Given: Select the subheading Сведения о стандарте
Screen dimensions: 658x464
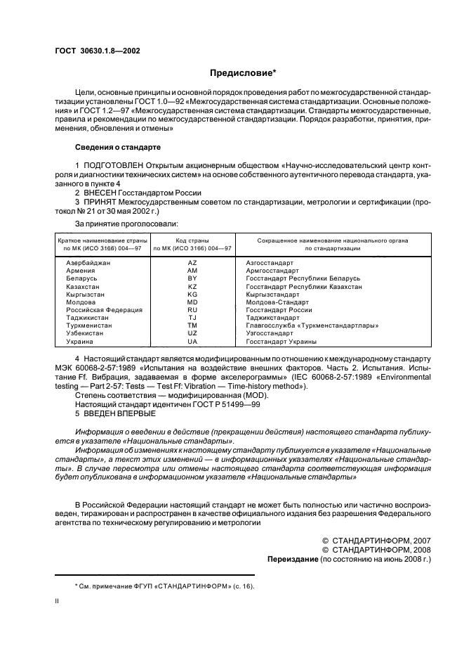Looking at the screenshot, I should (118, 148).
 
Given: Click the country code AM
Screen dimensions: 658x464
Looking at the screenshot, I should (192, 270).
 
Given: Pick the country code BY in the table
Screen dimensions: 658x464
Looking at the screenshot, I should (192, 278).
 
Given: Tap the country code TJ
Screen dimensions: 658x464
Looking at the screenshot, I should (192, 318).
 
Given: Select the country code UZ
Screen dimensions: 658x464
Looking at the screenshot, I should (192, 333).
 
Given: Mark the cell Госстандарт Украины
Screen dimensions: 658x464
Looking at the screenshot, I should (281, 342).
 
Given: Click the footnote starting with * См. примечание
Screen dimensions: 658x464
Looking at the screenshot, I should (165, 586).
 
